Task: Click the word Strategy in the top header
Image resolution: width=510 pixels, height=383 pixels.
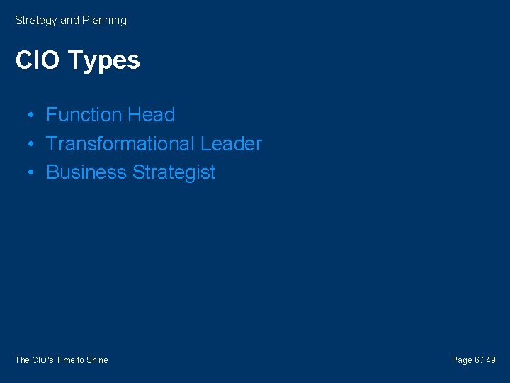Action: tap(36, 21)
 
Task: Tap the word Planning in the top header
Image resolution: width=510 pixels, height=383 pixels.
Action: tap(104, 21)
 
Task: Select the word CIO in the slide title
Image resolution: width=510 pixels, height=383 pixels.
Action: tap(38, 60)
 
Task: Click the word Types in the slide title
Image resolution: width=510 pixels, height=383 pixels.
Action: tap(104, 61)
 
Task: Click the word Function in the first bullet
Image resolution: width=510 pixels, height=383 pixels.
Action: tap(84, 115)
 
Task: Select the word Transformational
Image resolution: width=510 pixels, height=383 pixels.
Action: tap(120, 144)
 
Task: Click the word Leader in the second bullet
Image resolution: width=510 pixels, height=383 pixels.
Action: tap(231, 144)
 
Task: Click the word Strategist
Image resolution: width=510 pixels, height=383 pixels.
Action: tap(174, 173)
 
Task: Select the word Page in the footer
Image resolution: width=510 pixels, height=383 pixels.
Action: tap(462, 360)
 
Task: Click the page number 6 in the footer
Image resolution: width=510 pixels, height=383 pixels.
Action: tap(477, 360)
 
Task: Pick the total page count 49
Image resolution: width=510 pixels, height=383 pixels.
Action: tap(491, 360)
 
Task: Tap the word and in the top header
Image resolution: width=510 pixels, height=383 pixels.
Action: tap(69, 21)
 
